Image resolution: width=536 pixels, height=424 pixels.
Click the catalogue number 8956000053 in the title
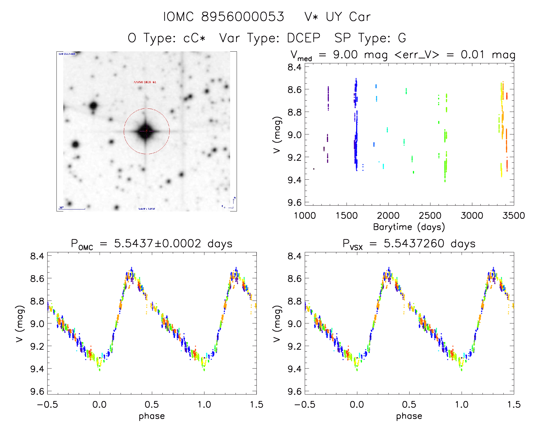[243, 17]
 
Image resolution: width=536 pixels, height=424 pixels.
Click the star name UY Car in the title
[348, 17]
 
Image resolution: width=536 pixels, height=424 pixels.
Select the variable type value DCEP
[304, 38]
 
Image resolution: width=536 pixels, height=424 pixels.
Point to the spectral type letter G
[402, 38]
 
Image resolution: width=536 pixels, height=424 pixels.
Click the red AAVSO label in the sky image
[145, 82]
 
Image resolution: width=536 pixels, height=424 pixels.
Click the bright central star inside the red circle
[146, 131]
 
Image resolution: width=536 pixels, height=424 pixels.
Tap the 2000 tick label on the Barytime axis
[388, 215]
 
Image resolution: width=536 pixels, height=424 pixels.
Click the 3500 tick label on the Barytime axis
[513, 215]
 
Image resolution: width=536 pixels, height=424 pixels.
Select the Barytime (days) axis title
[409, 227]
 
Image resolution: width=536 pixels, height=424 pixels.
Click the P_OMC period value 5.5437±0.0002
[157, 244]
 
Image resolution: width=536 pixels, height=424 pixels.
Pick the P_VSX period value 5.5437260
[414, 244]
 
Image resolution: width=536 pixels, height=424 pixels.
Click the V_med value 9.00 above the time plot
[345, 54]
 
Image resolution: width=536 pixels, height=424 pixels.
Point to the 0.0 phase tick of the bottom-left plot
[100, 404]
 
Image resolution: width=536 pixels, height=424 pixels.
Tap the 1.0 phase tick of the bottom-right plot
[462, 404]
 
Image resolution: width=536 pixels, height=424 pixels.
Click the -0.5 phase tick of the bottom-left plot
[47, 404]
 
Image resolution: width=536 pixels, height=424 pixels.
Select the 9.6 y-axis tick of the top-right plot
[295, 202]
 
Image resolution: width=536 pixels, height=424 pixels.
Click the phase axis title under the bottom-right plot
[409, 416]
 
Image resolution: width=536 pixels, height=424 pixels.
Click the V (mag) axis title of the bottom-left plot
[19, 324]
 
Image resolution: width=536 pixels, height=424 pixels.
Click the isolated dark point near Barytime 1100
[314, 169]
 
